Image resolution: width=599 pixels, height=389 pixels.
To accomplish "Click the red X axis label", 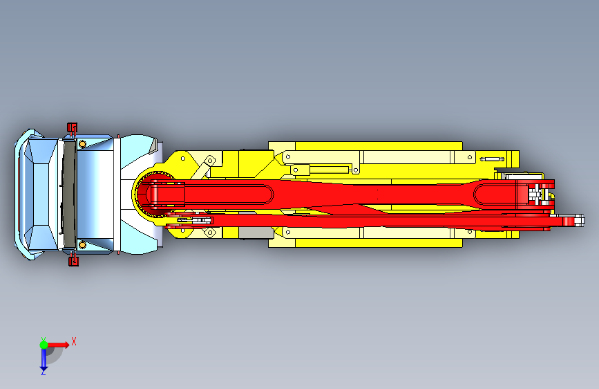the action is [74, 341].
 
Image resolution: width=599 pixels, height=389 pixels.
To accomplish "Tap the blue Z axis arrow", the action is [44, 359].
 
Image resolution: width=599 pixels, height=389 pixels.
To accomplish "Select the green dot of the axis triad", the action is [44, 345].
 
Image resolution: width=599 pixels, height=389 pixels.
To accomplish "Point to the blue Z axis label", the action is [43, 372].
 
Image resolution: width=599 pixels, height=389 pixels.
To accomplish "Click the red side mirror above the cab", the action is [72, 127].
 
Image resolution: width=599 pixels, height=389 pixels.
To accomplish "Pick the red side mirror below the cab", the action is [73, 261].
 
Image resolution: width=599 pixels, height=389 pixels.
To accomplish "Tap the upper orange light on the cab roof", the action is [82, 145].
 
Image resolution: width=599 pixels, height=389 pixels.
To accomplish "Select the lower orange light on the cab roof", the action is [82, 244].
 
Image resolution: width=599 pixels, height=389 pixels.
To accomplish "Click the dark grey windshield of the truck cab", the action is [69, 194].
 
